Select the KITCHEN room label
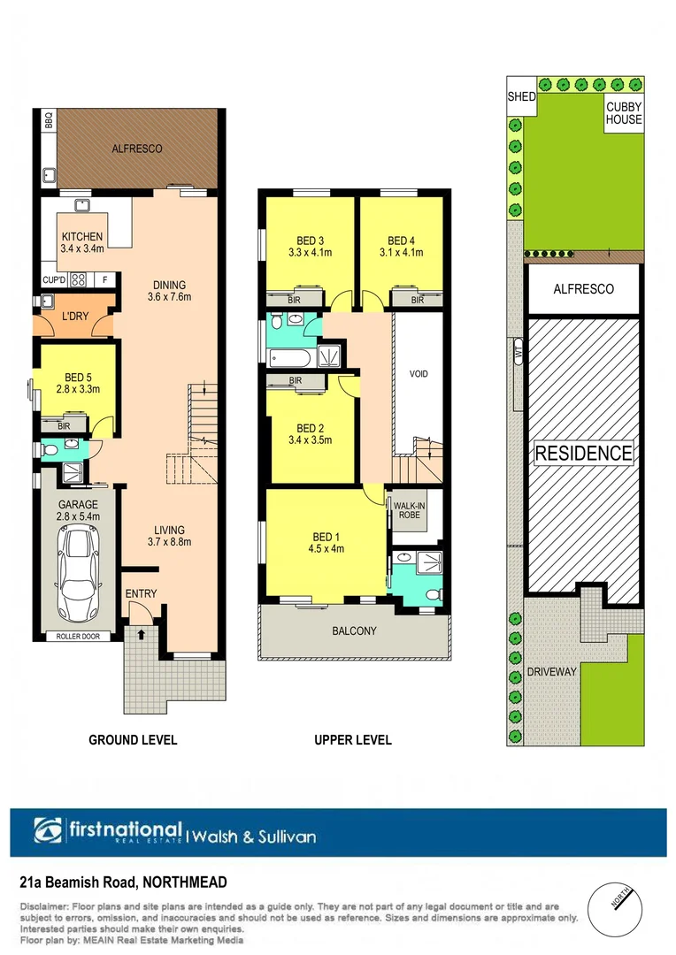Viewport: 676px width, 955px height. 82,237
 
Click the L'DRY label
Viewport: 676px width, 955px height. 74,317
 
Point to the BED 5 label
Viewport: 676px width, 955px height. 74,376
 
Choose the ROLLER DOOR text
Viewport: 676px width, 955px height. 78,637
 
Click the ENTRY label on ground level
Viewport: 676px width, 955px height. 141,593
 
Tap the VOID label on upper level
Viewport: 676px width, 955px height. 419,374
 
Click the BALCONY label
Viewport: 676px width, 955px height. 355,631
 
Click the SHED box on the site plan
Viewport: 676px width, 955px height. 521,96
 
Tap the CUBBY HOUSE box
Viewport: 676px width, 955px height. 624,113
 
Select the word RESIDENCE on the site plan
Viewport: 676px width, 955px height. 583,454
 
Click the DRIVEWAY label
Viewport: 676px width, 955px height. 551,672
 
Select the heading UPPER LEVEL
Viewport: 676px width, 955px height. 353,740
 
